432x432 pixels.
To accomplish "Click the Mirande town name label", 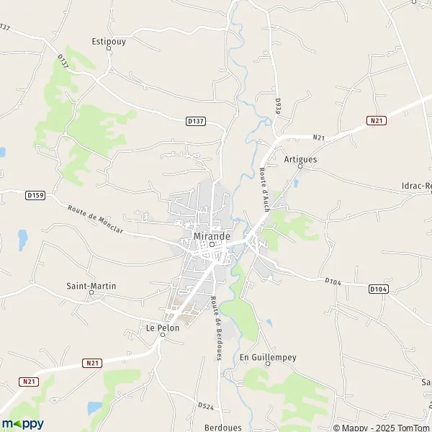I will click(x=212, y=235).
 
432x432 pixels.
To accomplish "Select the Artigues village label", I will click(x=300, y=159).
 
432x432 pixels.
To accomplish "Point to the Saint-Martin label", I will click(x=91, y=286).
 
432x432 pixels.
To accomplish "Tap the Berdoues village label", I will click(x=222, y=427).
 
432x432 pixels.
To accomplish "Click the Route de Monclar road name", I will click(x=96, y=220).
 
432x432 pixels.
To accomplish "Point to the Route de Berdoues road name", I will click(x=215, y=328).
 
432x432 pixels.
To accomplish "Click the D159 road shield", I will click(x=35, y=194).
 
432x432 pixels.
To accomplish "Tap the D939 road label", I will click(x=277, y=107).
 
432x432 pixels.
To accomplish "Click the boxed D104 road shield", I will click(x=378, y=289).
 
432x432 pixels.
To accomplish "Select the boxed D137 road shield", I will click(x=194, y=121).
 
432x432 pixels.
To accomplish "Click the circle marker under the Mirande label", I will click(x=212, y=244).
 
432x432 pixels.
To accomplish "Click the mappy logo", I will click(x=22, y=423).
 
